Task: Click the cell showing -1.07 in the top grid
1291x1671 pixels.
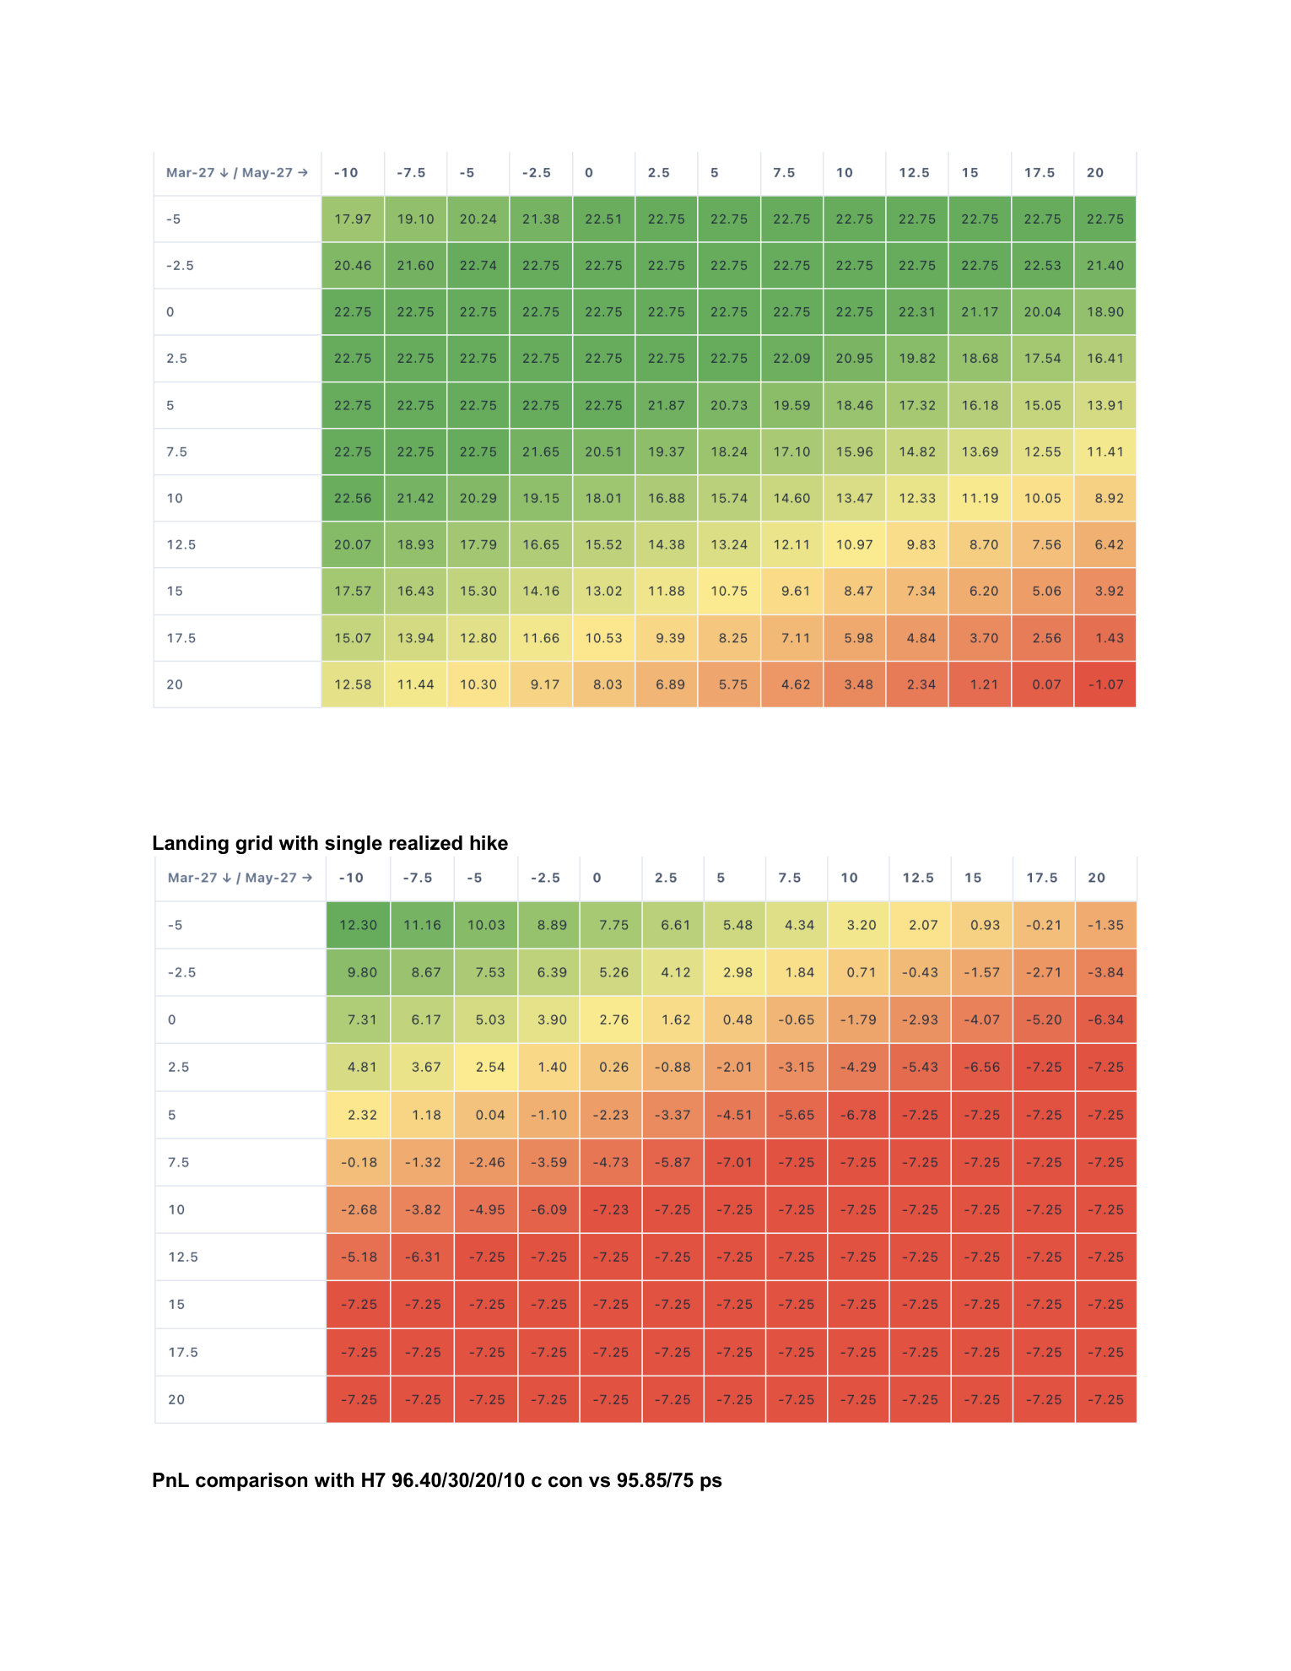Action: [x=1105, y=684]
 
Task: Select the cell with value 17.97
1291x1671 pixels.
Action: [x=353, y=219]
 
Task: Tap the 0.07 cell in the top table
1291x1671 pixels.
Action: [x=1042, y=684]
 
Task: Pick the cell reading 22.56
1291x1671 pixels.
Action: [x=353, y=498]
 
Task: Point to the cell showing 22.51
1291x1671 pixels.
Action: [x=603, y=219]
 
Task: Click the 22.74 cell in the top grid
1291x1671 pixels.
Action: [x=478, y=266]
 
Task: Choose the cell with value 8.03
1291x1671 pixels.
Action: [x=603, y=684]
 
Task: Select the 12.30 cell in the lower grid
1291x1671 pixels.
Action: [x=358, y=925]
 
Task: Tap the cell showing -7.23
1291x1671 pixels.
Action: [x=611, y=1209]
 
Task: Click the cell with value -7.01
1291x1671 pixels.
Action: [x=735, y=1162]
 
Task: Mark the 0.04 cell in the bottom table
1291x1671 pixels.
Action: [x=486, y=1115]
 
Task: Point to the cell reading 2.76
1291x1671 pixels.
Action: [x=611, y=1019]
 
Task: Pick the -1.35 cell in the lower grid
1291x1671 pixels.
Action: [x=1105, y=925]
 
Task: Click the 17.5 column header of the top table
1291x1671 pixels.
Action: [x=1040, y=173]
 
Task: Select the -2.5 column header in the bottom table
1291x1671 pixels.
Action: [x=545, y=878]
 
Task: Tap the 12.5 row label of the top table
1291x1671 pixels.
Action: [x=181, y=545]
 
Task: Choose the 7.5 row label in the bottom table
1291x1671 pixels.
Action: [x=179, y=1162]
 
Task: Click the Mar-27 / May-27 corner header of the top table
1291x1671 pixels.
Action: [x=237, y=173]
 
